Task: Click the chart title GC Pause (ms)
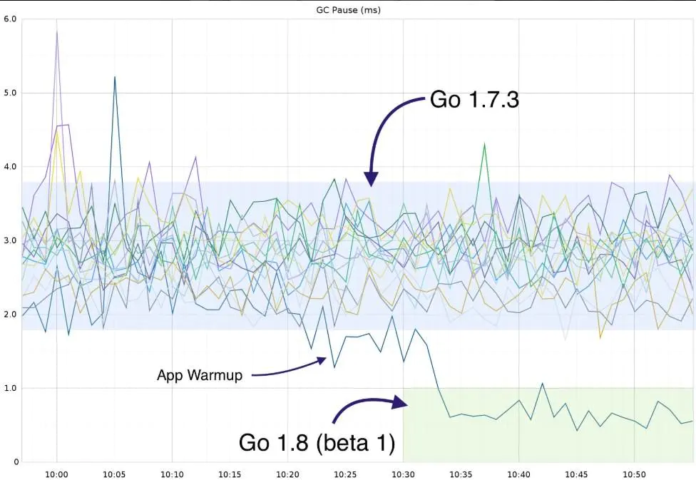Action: pyautogui.click(x=347, y=9)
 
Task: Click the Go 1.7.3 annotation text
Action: pyautogui.click(x=474, y=99)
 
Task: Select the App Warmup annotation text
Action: pyautogui.click(x=199, y=375)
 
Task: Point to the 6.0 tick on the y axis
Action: pyautogui.click(x=9, y=19)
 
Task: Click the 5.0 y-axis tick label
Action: pyautogui.click(x=9, y=93)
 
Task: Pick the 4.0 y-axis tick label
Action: pyautogui.click(x=9, y=167)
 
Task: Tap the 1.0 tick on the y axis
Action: pyautogui.click(x=9, y=388)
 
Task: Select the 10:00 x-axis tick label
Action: pyautogui.click(x=56, y=474)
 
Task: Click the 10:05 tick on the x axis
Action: pyautogui.click(x=114, y=474)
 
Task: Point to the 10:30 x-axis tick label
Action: pyautogui.click(x=403, y=474)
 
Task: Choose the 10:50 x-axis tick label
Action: pyautogui.click(x=634, y=474)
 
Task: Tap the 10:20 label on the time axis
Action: pyautogui.click(x=287, y=474)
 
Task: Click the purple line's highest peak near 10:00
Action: pyautogui.click(x=57, y=31)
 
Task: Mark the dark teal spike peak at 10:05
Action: pyautogui.click(x=115, y=76)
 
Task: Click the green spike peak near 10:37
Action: pyautogui.click(x=484, y=144)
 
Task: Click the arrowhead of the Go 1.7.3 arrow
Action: pyautogui.click(x=372, y=183)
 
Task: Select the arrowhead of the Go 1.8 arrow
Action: pyautogui.click(x=404, y=404)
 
